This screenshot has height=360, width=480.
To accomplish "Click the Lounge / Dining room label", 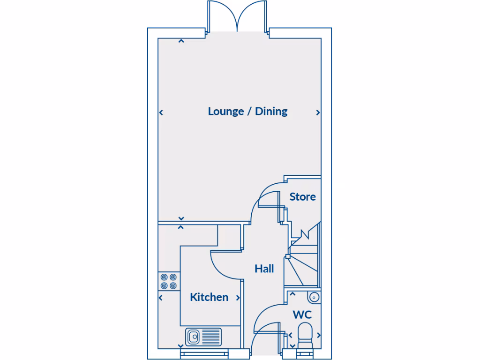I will click(247, 112).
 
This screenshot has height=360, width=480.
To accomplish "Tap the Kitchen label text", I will click(209, 297).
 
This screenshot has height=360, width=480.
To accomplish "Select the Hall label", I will click(264, 269).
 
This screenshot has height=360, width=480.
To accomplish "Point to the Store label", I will click(302, 197).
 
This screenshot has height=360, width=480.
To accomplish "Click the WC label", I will click(302, 315).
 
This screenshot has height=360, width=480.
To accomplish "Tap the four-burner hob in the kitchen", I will click(169, 281).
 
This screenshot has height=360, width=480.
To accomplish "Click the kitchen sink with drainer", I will click(204, 336).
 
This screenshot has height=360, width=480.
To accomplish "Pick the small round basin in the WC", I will click(314, 297).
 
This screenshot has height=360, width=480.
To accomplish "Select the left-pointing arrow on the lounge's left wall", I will click(161, 112).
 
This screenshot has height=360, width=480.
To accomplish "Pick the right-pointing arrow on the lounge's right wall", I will click(318, 112).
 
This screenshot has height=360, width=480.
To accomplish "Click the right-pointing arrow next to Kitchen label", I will click(238, 298).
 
